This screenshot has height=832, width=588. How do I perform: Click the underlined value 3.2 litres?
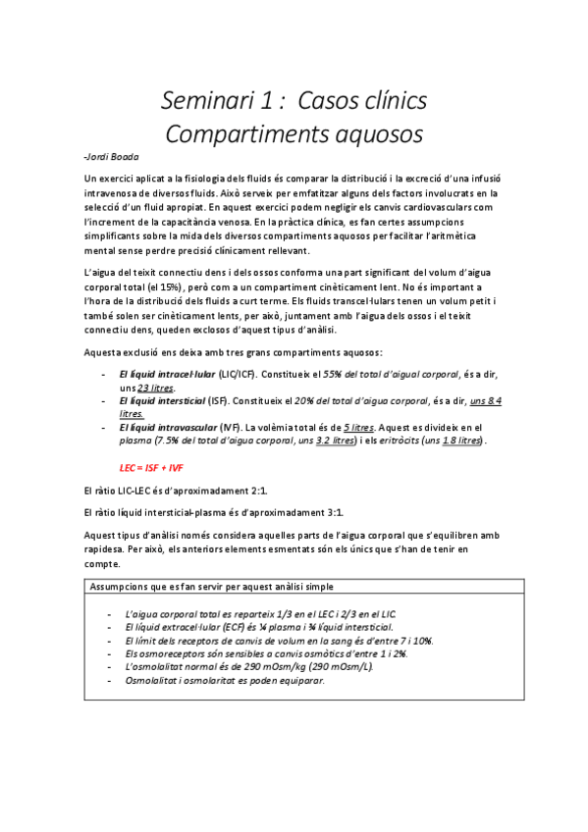(337, 442)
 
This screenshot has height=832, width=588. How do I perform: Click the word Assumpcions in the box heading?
(123, 587)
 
